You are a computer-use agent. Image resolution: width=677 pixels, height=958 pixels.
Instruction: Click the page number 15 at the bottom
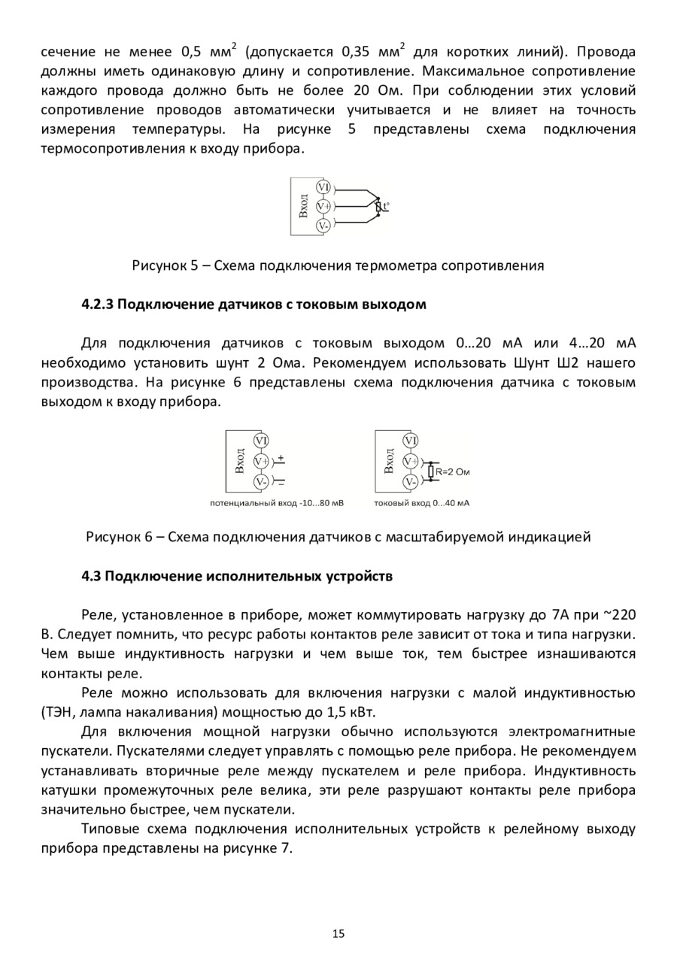pos(338,934)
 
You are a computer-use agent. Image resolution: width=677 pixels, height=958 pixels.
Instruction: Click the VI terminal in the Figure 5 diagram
pos(323,187)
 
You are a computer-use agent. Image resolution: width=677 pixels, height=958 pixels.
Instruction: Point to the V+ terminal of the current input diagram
pos(411,461)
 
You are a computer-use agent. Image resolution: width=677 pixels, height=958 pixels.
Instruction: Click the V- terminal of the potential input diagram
pos(261,481)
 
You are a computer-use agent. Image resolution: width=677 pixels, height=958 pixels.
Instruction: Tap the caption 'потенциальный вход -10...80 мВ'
pos(276,502)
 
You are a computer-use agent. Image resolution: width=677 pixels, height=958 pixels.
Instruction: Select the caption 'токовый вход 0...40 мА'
pos(421,502)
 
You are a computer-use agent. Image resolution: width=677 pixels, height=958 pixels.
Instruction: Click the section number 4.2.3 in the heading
pos(97,305)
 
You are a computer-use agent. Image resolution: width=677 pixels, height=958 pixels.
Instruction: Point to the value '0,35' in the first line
pos(358,53)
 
